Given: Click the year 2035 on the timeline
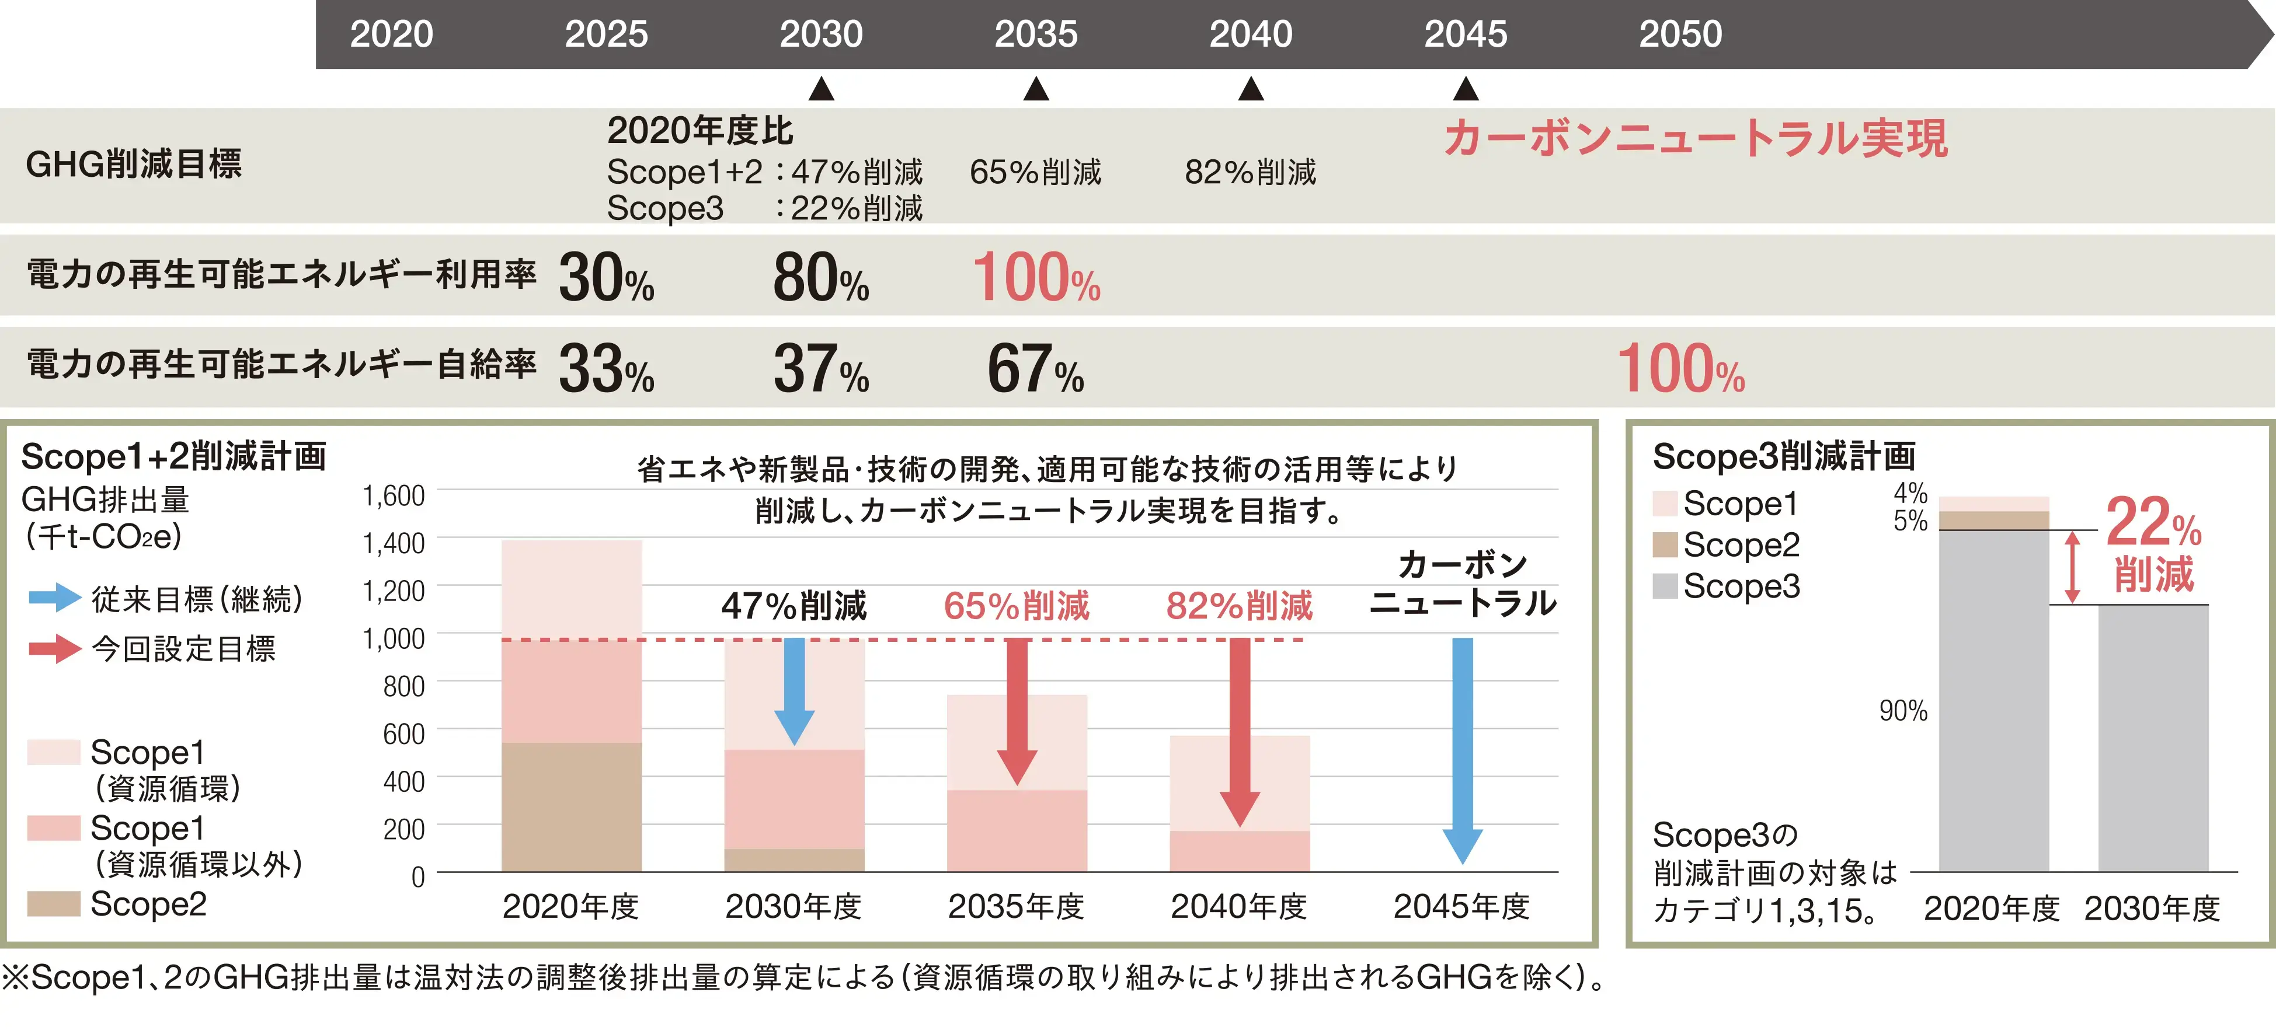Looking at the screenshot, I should pos(1035,34).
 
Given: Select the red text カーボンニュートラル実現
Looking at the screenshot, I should pos(1694,139).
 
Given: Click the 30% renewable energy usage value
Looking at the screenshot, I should pos(606,278).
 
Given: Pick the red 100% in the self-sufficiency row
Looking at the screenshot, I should pos(1680,369).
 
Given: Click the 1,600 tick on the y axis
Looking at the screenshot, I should pos(393,496).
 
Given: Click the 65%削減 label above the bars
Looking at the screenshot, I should pos(1016,606).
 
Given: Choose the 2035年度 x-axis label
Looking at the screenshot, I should pos(1016,906).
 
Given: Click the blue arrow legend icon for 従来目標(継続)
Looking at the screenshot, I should pos(55,598).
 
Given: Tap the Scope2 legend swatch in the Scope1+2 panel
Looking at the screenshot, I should pos(53,903).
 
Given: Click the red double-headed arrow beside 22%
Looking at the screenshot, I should pos(2072,567).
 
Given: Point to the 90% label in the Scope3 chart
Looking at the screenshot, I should pos(1902,711).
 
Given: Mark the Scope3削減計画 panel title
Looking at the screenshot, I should pos(1783,456).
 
